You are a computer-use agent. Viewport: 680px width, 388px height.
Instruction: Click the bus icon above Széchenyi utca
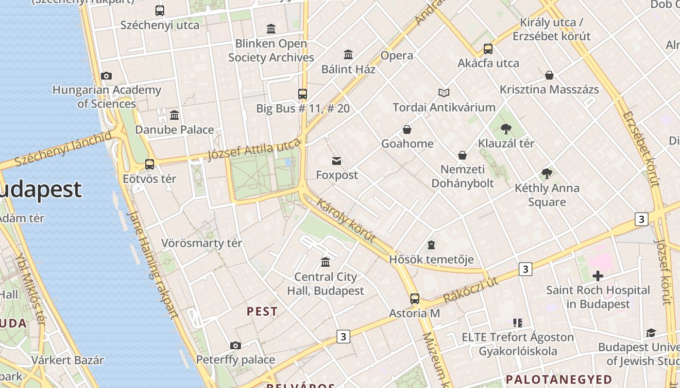159,10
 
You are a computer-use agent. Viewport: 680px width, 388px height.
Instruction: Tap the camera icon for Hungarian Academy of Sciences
106,76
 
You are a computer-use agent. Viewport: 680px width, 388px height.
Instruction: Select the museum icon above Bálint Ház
348,54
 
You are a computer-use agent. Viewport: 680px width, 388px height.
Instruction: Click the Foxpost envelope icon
337,161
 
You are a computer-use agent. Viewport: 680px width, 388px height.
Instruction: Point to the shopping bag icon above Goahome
407,129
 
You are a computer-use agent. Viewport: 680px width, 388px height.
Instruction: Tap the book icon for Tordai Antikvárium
443,93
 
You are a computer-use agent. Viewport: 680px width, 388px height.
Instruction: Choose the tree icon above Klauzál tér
506,129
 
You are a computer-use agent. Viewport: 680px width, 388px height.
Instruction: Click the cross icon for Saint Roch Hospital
598,276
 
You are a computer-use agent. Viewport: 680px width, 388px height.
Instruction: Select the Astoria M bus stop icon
414,299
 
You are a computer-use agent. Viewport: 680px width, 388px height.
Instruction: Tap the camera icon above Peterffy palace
236,345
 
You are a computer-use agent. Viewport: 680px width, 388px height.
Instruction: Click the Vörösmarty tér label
202,243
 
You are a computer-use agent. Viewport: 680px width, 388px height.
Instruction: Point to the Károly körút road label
345,220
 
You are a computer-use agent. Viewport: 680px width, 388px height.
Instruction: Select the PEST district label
262,311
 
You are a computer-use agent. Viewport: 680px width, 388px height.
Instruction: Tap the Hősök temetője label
431,259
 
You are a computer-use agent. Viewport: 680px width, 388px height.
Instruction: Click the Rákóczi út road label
471,290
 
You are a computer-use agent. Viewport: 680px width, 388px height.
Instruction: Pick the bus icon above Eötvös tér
150,164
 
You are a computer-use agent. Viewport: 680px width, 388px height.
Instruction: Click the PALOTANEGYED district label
559,379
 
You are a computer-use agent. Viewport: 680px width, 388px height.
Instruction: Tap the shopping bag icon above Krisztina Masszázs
549,75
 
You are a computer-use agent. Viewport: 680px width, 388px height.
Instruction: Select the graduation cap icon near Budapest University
650,333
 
